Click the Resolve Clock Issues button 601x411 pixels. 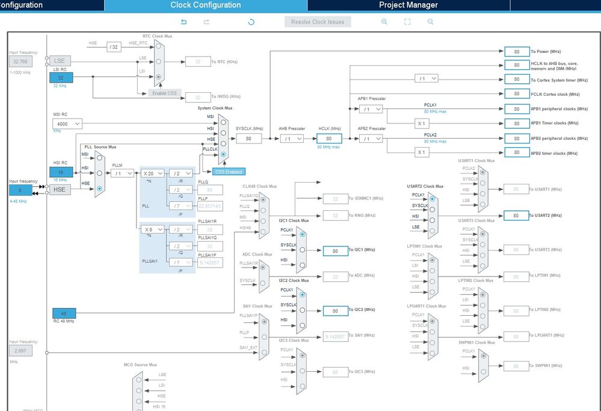[318, 22]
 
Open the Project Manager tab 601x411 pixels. [408, 5]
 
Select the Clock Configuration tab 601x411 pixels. [205, 5]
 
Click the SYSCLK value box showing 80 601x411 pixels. [248, 139]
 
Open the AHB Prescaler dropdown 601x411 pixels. [291, 139]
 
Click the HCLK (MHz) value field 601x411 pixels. [328, 139]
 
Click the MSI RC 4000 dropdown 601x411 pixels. [66, 124]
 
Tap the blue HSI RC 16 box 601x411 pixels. [61, 172]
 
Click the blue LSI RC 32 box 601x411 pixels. [61, 78]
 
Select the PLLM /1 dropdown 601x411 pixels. [122, 173]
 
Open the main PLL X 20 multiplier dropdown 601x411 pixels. [153, 173]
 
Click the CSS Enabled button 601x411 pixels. [228, 172]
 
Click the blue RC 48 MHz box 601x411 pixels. [64, 313]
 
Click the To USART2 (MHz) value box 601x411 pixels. [516, 215]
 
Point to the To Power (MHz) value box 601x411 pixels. [516, 52]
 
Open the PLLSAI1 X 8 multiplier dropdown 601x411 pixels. [153, 229]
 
